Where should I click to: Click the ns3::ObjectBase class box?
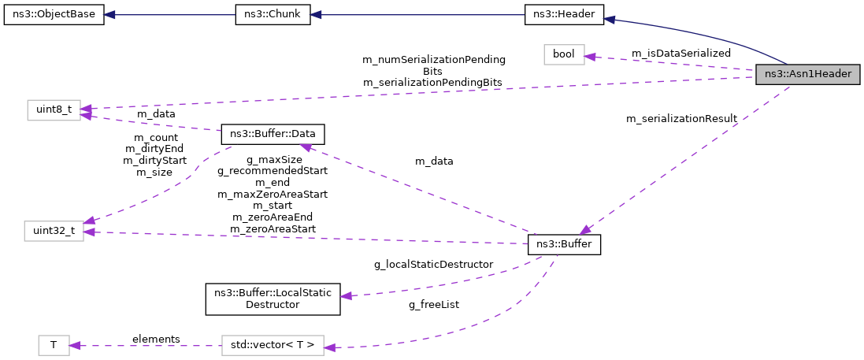(x=54, y=16)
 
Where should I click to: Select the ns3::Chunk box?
(x=273, y=16)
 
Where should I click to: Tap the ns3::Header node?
(x=564, y=16)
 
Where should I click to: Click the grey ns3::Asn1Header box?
(x=807, y=74)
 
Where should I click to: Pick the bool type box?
(x=564, y=54)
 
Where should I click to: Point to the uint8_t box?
(x=54, y=110)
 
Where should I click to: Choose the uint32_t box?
(x=54, y=231)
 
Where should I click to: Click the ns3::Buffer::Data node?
(x=273, y=134)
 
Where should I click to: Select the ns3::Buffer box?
(x=564, y=245)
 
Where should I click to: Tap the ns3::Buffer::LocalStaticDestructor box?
(x=273, y=299)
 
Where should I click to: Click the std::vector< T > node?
(x=273, y=345)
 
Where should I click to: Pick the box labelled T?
(x=54, y=345)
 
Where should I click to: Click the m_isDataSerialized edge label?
(x=680, y=53)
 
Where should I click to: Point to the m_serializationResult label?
(x=681, y=119)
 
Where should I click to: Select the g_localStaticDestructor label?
(x=433, y=264)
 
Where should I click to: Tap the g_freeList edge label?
(x=433, y=304)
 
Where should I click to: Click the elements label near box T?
(x=156, y=339)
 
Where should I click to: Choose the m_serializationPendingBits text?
(x=432, y=82)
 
